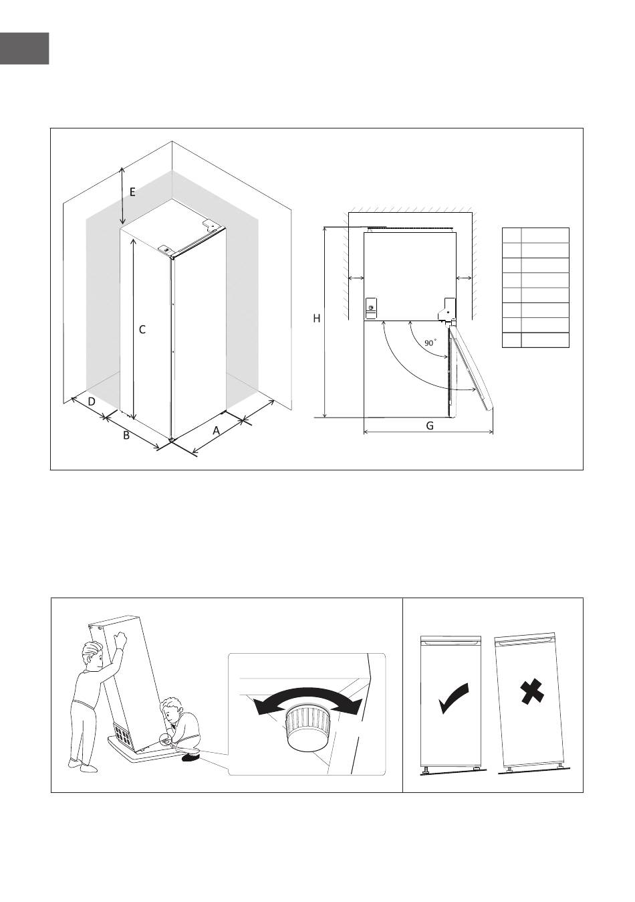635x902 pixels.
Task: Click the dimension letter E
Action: [132, 193]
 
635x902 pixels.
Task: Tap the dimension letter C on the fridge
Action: [142, 330]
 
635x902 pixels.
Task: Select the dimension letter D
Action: [92, 401]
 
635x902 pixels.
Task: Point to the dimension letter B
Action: [126, 435]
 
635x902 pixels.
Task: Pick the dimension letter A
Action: [217, 431]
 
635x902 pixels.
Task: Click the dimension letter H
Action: [316, 319]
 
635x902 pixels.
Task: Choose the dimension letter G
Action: [430, 426]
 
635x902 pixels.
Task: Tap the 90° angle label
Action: [430, 343]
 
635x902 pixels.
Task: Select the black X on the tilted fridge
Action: [532, 692]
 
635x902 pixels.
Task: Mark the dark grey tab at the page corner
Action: [25, 48]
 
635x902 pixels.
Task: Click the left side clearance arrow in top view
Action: [356, 278]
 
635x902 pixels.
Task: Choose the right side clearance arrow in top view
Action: [464, 278]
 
